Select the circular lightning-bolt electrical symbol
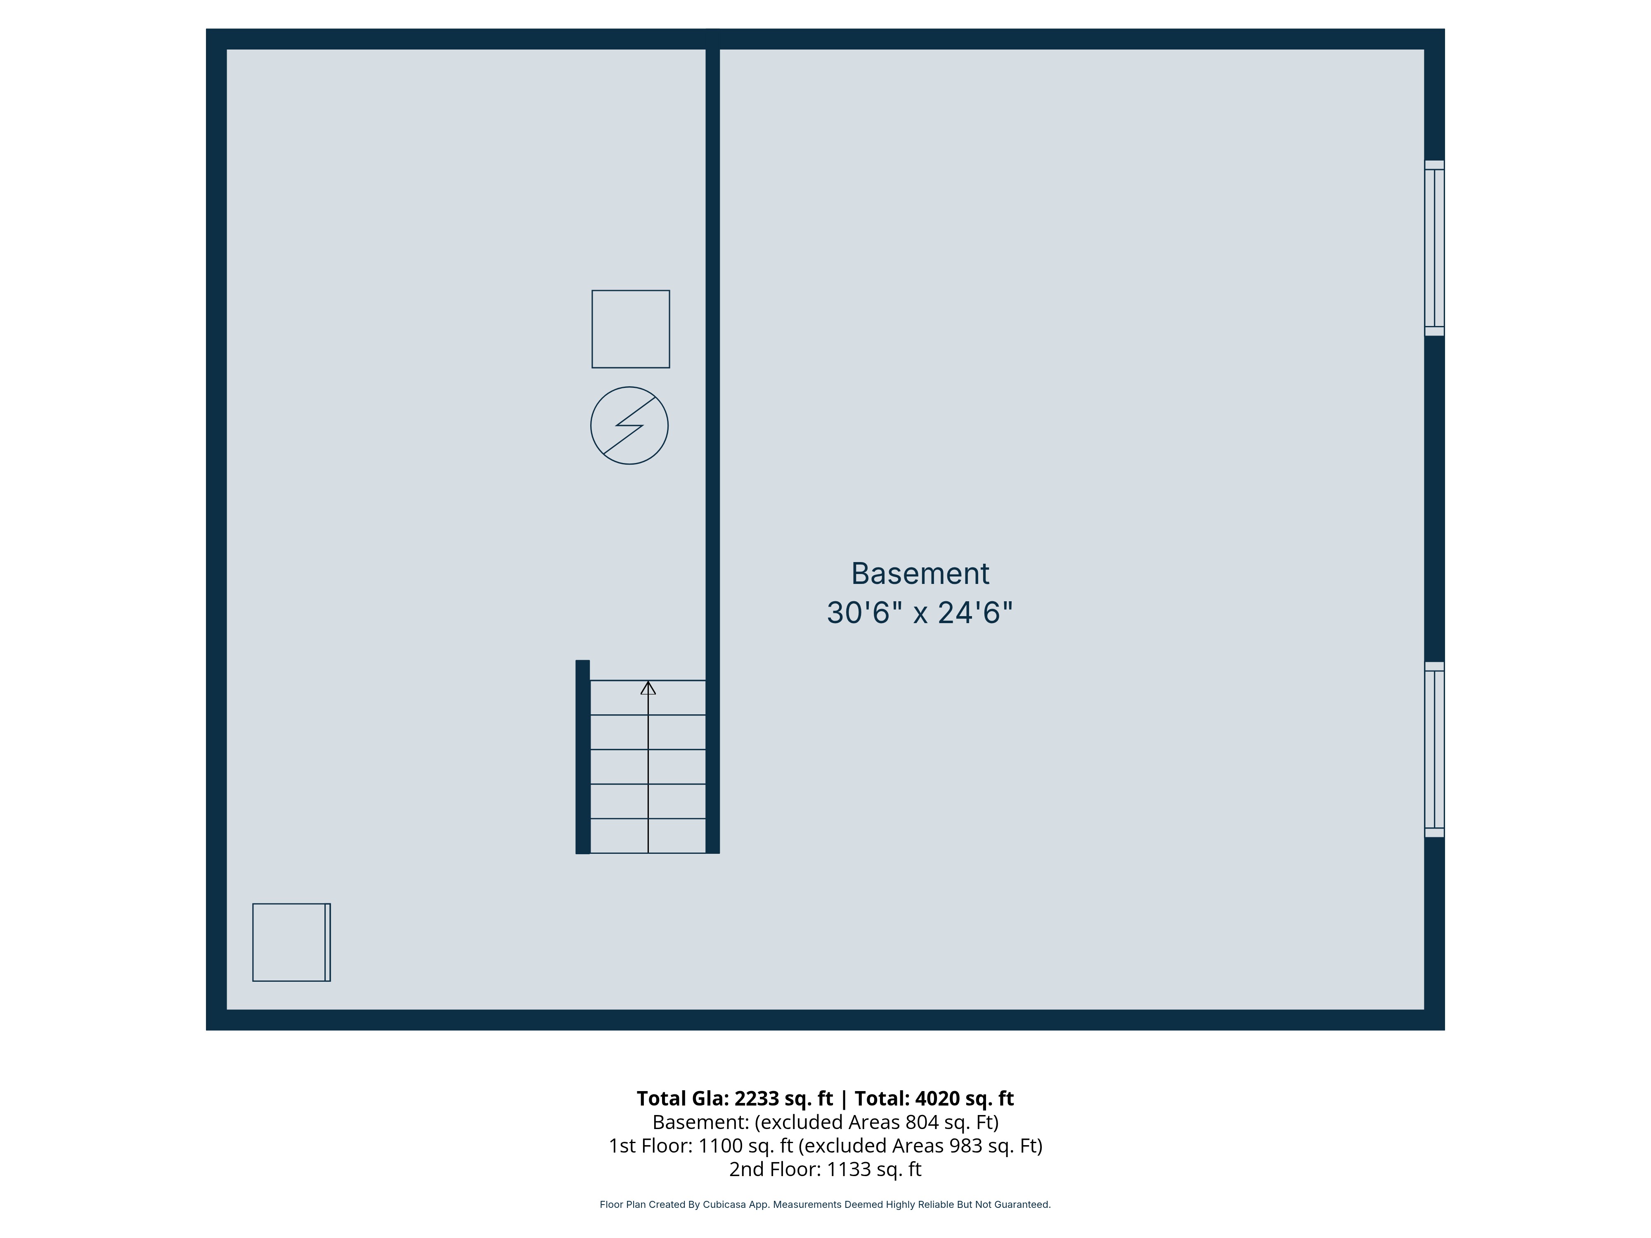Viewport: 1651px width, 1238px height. point(629,425)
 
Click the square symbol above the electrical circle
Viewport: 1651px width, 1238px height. point(631,329)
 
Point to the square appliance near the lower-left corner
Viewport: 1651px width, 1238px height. point(291,943)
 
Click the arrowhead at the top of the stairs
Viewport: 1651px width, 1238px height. point(648,688)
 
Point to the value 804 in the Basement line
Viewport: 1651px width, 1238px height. point(922,1122)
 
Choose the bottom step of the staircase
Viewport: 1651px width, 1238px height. point(648,836)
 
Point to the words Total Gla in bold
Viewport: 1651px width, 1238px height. point(681,1099)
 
